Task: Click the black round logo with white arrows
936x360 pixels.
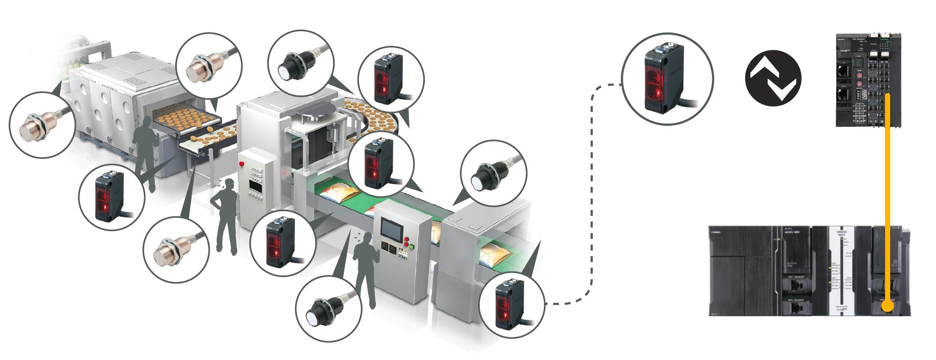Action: pos(773,78)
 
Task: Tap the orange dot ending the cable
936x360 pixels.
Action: pos(887,307)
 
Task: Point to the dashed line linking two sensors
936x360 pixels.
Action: pos(591,204)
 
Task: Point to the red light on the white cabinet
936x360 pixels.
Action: pos(241,163)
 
